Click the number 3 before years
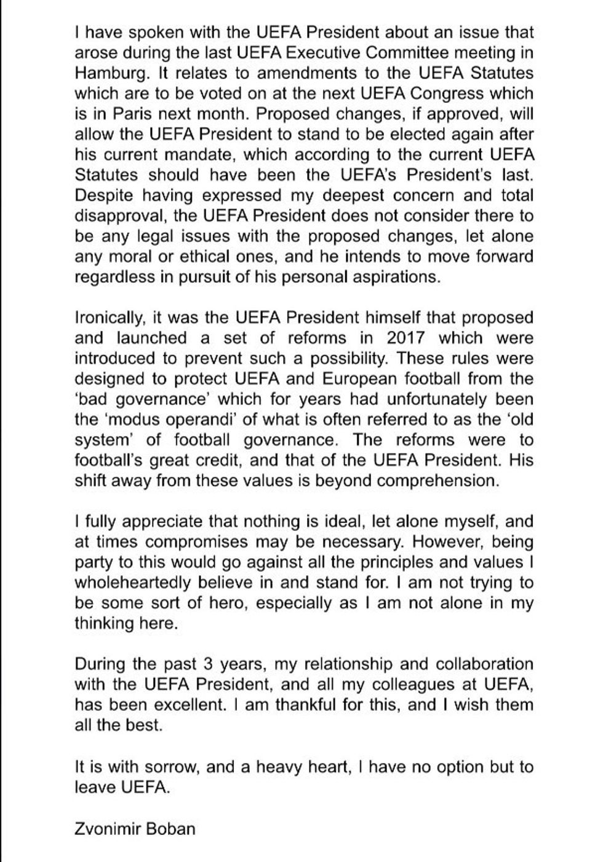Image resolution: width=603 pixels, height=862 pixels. coord(207,664)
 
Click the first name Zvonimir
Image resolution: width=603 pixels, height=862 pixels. coord(106,828)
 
